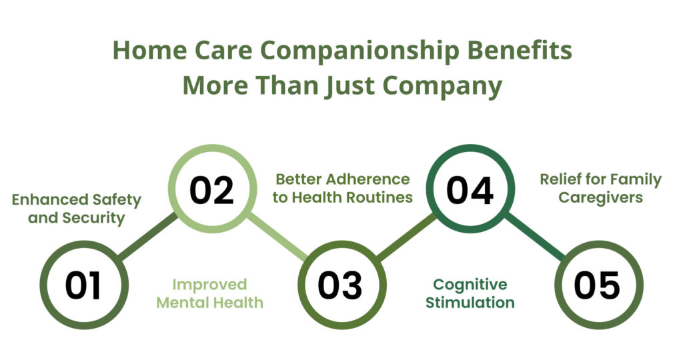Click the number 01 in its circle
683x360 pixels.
83,285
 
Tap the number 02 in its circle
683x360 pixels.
211,189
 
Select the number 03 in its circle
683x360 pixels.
340,285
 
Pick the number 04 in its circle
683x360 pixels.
470,189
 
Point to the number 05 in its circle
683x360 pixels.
598,285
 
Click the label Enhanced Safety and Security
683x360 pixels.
77,208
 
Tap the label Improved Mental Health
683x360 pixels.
209,293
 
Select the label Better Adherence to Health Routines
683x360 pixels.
343,188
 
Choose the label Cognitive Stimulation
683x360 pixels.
471,293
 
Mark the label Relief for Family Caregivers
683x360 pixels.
600,188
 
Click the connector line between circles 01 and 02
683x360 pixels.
148,237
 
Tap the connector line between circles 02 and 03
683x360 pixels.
276,237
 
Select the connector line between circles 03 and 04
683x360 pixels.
405,237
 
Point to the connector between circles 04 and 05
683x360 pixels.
534,237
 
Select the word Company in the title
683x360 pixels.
445,86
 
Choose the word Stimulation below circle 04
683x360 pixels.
471,303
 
